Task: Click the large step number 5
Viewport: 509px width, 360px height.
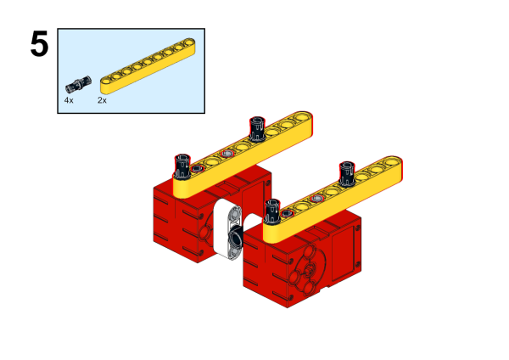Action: point(39,44)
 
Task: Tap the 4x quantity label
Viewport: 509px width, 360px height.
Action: point(69,100)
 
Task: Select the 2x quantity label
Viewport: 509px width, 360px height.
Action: point(102,100)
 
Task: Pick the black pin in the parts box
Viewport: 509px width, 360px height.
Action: point(78,84)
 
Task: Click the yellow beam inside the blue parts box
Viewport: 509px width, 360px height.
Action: point(148,66)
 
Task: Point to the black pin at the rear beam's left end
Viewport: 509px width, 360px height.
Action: point(182,166)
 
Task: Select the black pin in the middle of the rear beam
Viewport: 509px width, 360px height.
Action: point(257,129)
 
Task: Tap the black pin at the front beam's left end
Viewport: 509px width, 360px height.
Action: point(272,211)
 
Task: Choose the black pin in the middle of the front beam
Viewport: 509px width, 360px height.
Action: point(347,174)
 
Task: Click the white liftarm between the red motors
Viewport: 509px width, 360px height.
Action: point(227,228)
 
